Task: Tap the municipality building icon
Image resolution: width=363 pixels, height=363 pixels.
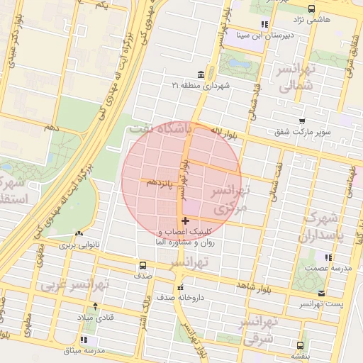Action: (x=202, y=74)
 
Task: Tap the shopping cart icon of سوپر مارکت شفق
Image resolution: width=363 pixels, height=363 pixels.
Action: (x=303, y=122)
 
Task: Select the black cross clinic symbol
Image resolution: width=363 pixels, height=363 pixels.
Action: (x=186, y=221)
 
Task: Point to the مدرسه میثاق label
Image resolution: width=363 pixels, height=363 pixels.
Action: (x=84, y=350)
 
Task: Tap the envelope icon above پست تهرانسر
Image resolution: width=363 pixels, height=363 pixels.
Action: (x=322, y=293)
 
